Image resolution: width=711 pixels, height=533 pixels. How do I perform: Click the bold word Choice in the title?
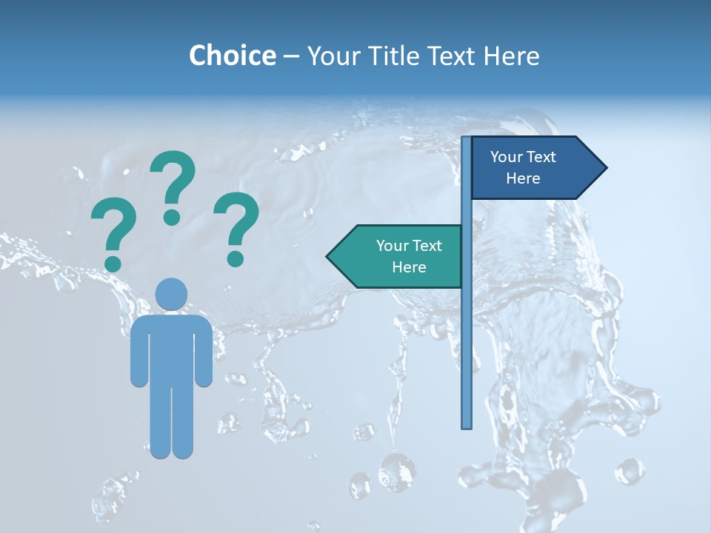pyautogui.click(x=232, y=56)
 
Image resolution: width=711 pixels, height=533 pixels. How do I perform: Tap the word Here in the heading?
pyautogui.click(x=511, y=56)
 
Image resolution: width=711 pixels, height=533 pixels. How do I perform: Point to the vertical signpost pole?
pyautogui.click(x=467, y=333)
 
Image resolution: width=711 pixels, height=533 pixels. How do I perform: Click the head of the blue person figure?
pyautogui.click(x=171, y=294)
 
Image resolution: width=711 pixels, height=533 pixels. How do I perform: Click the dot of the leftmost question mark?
pyautogui.click(x=113, y=264)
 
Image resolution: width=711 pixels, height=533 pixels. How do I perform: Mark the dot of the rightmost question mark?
pyautogui.click(x=236, y=258)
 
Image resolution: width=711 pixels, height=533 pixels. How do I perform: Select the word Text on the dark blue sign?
pyautogui.click(x=541, y=157)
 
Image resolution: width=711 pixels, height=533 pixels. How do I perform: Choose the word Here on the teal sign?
pyautogui.click(x=409, y=267)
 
